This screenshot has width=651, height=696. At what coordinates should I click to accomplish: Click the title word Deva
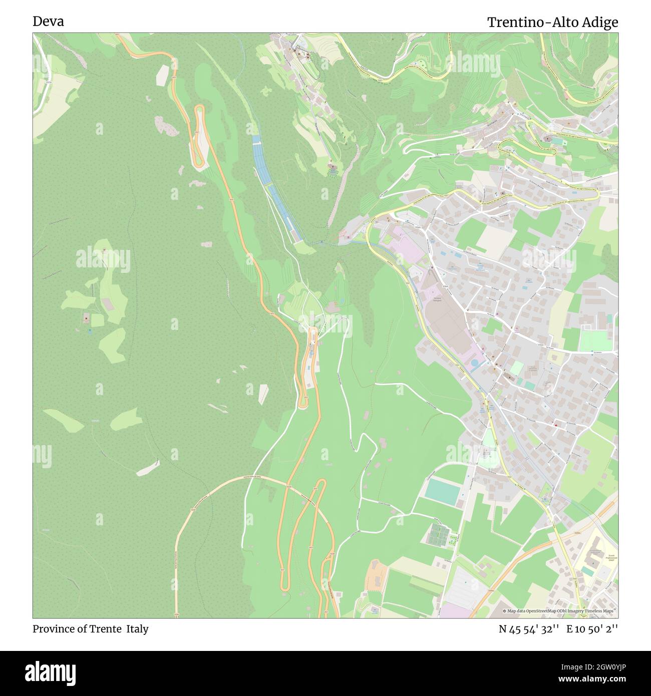[x=48, y=22]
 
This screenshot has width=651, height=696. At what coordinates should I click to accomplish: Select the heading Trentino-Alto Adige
[x=552, y=22]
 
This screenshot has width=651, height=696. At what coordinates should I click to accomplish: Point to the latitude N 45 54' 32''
[x=528, y=629]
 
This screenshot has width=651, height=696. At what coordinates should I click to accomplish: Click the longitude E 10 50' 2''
[x=592, y=629]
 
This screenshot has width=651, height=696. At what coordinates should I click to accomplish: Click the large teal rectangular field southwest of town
[x=442, y=491]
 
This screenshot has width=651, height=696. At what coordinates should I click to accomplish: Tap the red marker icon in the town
[x=556, y=426]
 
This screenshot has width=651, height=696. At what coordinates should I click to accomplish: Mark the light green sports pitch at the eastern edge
[x=595, y=341]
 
